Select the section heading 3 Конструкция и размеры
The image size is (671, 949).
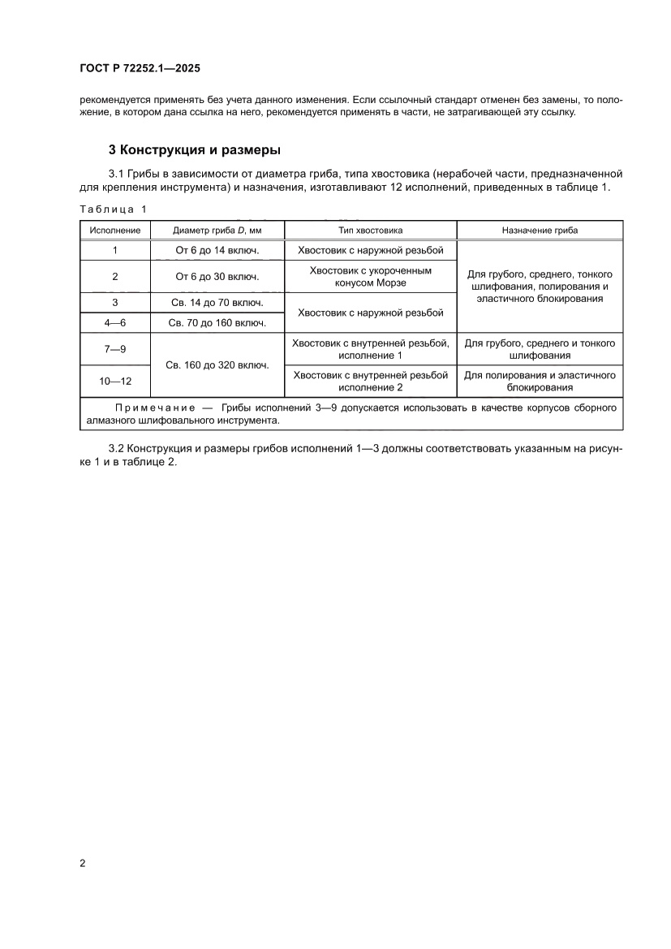tap(195, 150)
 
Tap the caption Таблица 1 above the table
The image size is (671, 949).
tap(113, 209)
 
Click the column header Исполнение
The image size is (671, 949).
tap(114, 231)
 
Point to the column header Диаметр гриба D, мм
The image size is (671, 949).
tap(217, 231)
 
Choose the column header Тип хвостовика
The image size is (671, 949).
tap(370, 231)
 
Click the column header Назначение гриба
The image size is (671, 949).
tap(540, 231)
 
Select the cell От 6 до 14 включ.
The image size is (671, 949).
tap(217, 251)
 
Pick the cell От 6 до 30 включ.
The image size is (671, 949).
tap(217, 276)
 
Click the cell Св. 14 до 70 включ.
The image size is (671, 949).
tap(217, 303)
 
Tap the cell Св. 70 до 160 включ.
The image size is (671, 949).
tap(217, 323)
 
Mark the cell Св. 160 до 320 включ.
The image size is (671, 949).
tap(217, 365)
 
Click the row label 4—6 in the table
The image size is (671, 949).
tap(114, 323)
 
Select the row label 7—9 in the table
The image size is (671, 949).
tap(114, 349)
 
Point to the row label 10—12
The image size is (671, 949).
tap(114, 381)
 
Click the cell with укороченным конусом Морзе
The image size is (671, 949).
tap(370, 276)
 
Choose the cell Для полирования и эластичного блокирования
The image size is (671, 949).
tap(540, 381)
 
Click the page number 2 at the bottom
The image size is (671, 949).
tap(83, 863)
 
